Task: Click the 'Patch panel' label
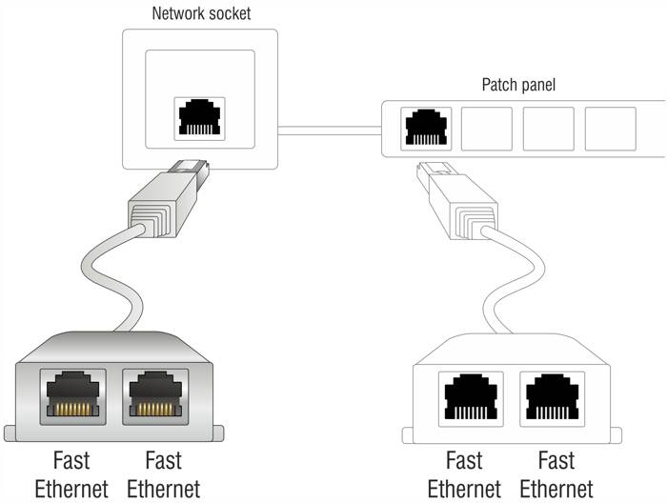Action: click(518, 85)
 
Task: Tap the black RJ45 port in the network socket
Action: click(198, 119)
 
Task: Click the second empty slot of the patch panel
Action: click(548, 130)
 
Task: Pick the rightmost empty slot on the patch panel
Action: click(610, 130)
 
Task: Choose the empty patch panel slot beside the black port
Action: click(486, 130)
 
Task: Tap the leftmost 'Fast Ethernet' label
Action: click(71, 474)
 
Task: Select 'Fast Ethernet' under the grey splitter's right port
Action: click(163, 474)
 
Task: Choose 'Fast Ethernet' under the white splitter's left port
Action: click(464, 474)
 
